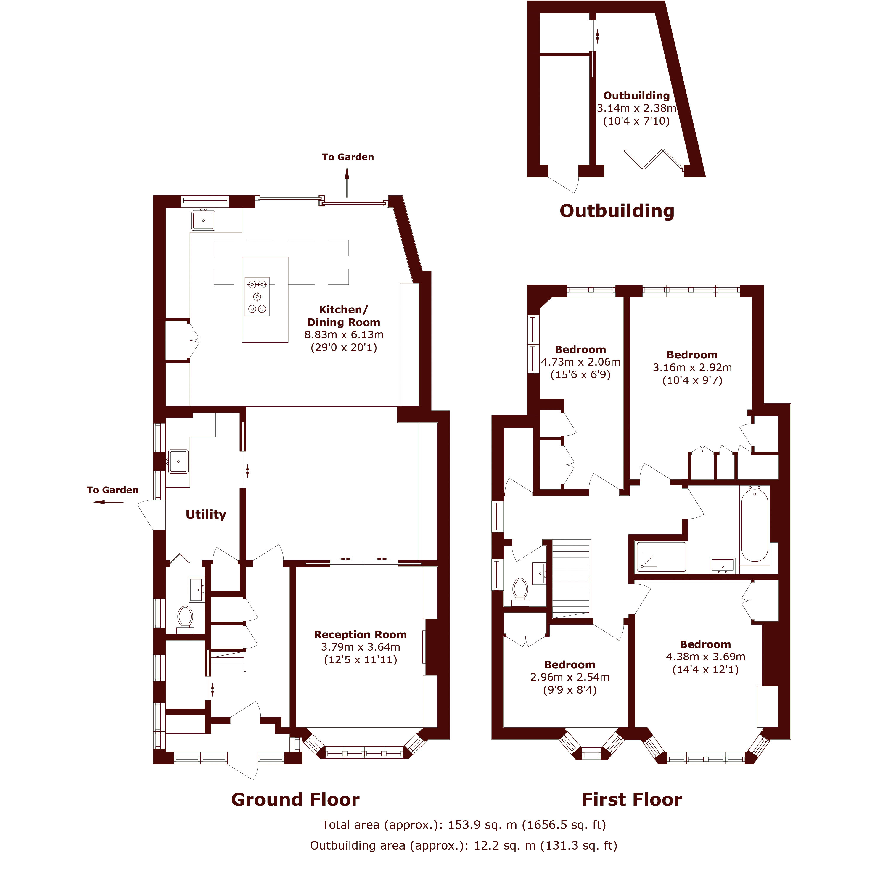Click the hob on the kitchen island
click(x=257, y=297)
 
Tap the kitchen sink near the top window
click(x=203, y=221)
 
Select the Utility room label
click(x=206, y=514)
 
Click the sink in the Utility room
click(x=178, y=461)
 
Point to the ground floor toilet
click(x=185, y=618)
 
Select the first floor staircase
click(x=571, y=578)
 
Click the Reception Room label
click(x=360, y=635)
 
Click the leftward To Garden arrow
click(x=107, y=502)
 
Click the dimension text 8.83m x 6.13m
click(x=344, y=334)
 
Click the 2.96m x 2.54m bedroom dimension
click(x=570, y=677)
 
